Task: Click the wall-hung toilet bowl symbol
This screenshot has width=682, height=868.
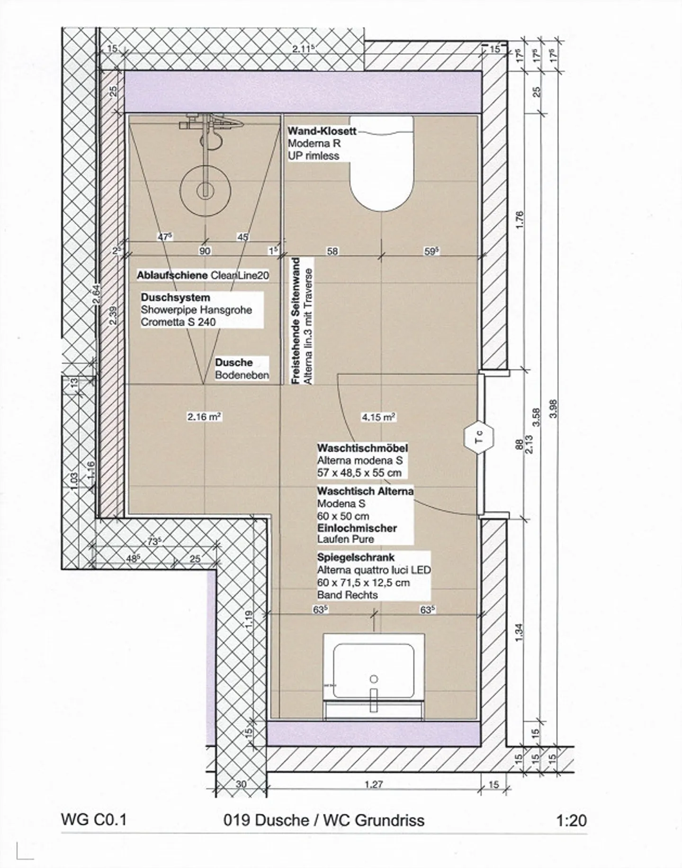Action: pos(382,162)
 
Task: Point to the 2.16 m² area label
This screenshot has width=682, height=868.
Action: pos(205,417)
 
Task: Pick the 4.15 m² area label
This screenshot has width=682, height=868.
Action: pos(378,417)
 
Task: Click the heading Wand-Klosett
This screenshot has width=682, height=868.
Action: pos(322,131)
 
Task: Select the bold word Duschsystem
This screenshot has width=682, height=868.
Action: pos(175,298)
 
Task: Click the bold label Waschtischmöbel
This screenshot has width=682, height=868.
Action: pos(362,448)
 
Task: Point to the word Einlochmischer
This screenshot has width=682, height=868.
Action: pos(357,528)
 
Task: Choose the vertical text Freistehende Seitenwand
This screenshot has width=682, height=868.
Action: pos(296,321)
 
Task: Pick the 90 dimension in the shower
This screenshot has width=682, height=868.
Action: pos(205,251)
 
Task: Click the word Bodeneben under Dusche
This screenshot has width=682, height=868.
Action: pos(242,375)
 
